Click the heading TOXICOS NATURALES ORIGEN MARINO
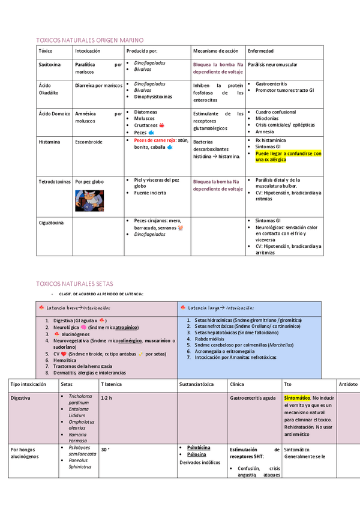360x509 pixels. (90, 39)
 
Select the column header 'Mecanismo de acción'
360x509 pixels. (215, 51)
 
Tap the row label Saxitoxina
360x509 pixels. (49, 64)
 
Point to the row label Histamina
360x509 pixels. (49, 142)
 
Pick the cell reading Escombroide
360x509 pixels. (88, 142)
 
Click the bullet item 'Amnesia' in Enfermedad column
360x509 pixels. (265, 132)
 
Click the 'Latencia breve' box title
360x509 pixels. (78, 307)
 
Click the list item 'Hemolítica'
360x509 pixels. (67, 360)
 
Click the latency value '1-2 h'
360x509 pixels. (106, 397)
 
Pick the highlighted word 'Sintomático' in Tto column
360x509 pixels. (297, 397)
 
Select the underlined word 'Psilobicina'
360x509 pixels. (199, 447)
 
